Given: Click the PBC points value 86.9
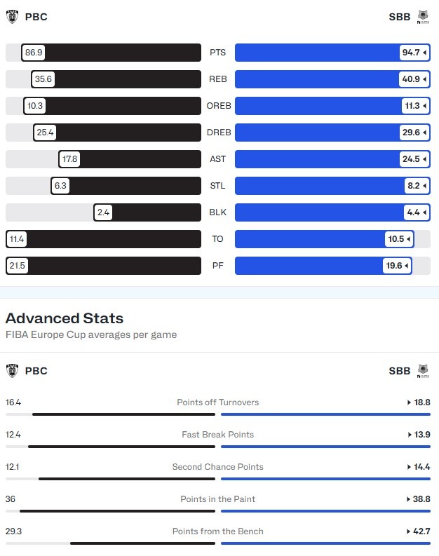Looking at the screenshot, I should (x=33, y=53).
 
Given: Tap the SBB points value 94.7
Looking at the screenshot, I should (x=412, y=53).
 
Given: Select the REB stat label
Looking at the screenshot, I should (x=217, y=79).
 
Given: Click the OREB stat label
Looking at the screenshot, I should (x=217, y=106).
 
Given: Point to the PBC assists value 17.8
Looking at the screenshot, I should (x=69, y=159).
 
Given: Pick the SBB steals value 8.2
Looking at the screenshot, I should (x=414, y=186).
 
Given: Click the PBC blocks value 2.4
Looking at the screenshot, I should (x=103, y=212).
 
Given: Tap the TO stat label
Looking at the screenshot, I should (x=217, y=239).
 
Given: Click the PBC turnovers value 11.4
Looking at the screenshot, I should (x=16, y=239).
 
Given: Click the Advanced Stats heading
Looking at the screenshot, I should (x=65, y=318).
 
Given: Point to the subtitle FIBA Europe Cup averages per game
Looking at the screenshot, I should (x=91, y=334).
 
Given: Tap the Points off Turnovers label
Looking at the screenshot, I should (x=217, y=402).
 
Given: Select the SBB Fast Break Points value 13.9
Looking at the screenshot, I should (x=421, y=435).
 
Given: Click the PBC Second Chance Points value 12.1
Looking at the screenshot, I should (x=13, y=467).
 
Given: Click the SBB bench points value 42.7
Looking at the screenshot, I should (x=421, y=531).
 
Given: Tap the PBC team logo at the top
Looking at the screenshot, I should (x=13, y=17).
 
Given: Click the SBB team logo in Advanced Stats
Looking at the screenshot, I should (x=423, y=371).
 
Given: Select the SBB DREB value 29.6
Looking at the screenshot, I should (x=412, y=133).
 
